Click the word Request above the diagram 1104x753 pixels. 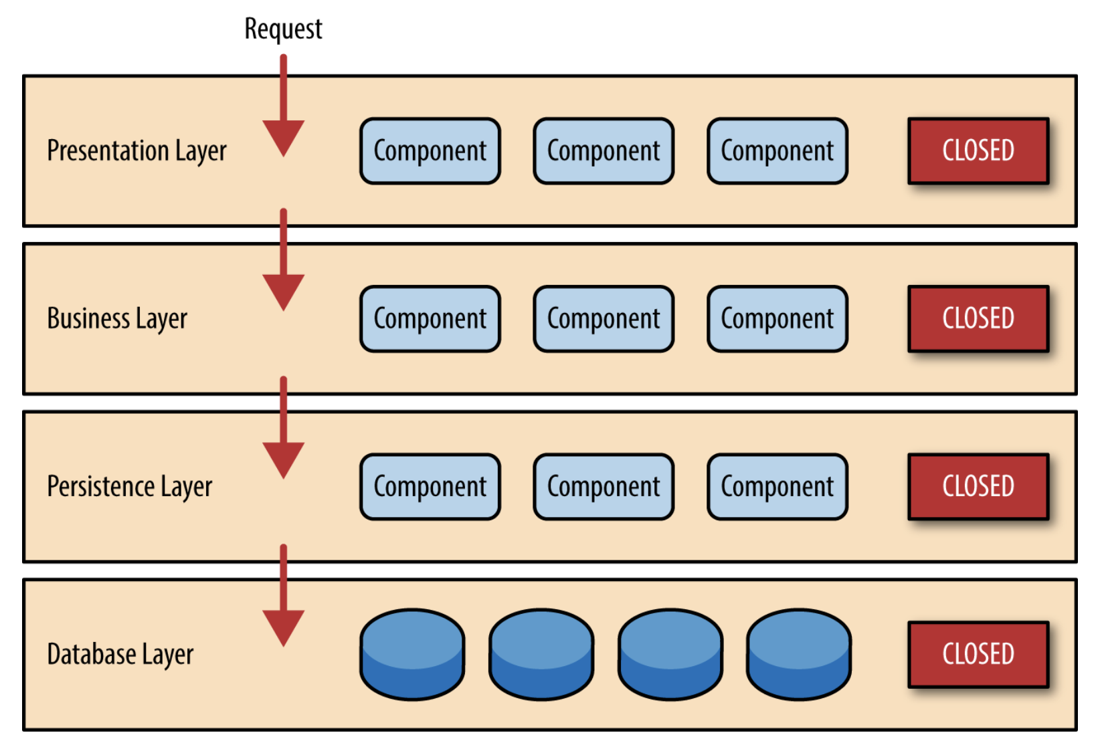coord(284,29)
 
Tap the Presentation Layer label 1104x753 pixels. coord(137,150)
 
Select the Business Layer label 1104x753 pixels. coord(117,318)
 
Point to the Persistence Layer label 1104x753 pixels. coord(130,487)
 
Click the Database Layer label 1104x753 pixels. coord(120,655)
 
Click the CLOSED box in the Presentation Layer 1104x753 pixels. coord(978,150)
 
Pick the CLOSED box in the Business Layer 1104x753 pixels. coord(978,318)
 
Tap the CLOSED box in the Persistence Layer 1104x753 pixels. coord(978,487)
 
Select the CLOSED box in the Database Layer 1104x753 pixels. coord(978,655)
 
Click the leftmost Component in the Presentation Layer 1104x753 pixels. coord(430,150)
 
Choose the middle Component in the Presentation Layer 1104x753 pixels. coord(604,150)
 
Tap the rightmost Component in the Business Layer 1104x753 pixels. coord(777,318)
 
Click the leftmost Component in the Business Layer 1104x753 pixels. coord(430,318)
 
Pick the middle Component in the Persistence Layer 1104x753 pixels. coord(604,487)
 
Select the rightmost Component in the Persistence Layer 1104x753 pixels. coord(777,487)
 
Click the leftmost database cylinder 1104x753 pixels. coord(413,655)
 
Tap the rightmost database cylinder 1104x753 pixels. coord(799,655)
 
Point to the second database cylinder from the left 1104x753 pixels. coord(542,655)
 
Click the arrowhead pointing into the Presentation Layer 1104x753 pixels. coord(284,138)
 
